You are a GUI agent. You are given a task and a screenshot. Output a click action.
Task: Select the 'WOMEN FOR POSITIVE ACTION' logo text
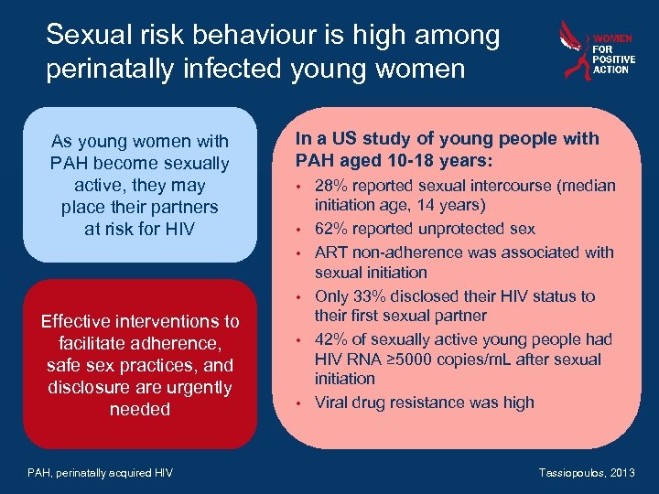tap(612, 54)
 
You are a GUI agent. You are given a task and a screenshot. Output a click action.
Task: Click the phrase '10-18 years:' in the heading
tap(448, 161)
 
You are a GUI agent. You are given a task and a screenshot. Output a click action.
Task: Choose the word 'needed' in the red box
tap(140, 409)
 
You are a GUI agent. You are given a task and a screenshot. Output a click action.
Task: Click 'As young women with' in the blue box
tap(140, 142)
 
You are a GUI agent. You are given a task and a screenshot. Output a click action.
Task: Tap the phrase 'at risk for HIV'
tap(140, 229)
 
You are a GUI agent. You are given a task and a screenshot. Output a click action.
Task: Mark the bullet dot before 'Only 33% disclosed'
tap(299, 297)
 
